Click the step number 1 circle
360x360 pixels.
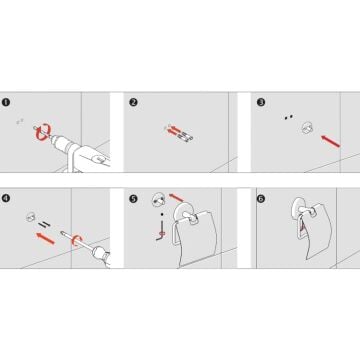click(6, 102)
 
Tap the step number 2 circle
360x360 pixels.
click(133, 102)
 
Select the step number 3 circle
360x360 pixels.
click(261, 102)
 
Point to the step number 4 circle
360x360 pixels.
click(6, 199)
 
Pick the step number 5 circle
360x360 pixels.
click(133, 199)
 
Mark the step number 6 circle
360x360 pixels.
click(261, 199)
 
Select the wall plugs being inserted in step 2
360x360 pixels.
click(186, 137)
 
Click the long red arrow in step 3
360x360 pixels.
click(330, 141)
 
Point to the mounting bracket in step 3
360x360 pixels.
click(307, 128)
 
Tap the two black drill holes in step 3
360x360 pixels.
click(288, 117)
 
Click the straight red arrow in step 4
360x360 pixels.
click(45, 238)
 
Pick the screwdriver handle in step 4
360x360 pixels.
click(101, 256)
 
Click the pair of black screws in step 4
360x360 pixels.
click(44, 224)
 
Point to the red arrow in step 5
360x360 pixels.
click(176, 198)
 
